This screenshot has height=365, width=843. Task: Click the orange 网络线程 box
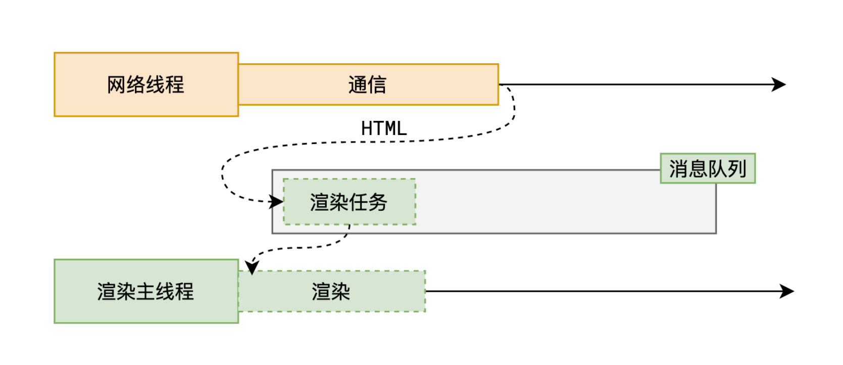(x=146, y=84)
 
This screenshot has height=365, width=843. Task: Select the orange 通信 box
(x=368, y=84)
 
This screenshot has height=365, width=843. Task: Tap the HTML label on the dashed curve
(x=384, y=128)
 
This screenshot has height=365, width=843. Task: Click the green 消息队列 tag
(x=707, y=168)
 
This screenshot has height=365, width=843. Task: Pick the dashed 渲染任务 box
(x=349, y=202)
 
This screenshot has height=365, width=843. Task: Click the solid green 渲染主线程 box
(x=146, y=291)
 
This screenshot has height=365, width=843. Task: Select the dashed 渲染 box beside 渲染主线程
(x=331, y=291)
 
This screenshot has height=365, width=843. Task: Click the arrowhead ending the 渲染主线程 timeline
(x=788, y=291)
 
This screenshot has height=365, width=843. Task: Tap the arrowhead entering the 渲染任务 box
(x=277, y=202)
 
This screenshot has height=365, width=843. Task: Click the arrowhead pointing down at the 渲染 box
(x=252, y=267)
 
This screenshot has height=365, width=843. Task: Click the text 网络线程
(x=146, y=84)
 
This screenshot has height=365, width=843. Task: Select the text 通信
(x=368, y=84)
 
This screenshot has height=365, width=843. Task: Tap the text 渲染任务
(x=349, y=202)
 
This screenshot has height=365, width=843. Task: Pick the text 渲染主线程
(x=146, y=292)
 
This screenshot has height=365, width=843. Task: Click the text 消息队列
(x=707, y=169)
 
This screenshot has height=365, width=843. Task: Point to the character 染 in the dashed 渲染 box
(x=341, y=292)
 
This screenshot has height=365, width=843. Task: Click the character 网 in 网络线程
(x=116, y=84)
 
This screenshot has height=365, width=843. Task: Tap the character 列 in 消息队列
(x=737, y=169)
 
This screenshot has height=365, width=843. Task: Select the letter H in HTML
(x=367, y=128)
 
